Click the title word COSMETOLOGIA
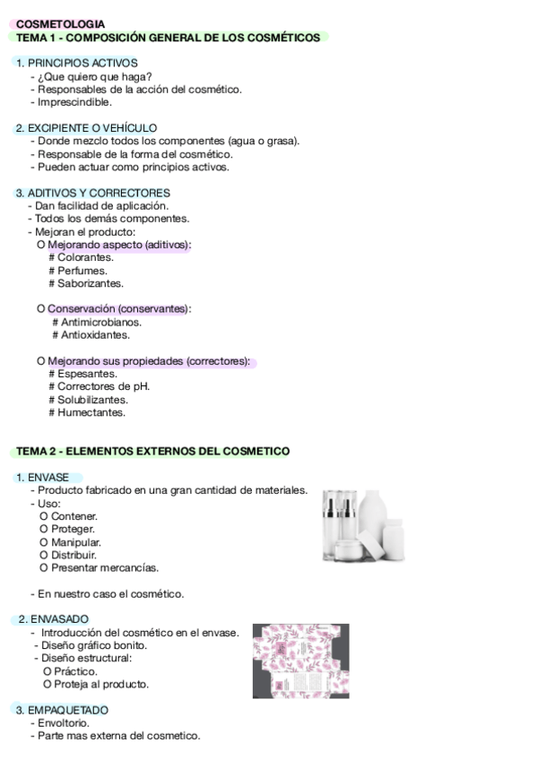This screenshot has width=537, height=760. pyautogui.click(x=60, y=24)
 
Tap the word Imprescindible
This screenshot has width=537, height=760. pyautogui.click(x=74, y=102)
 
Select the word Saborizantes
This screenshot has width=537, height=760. pyautogui.click(x=91, y=283)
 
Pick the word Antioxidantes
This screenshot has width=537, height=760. pyautogui.click(x=95, y=335)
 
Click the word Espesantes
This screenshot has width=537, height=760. pyautogui.click(x=87, y=374)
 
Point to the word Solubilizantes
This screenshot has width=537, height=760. pyautogui.click(x=92, y=400)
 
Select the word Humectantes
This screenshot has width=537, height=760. pyautogui.click(x=91, y=413)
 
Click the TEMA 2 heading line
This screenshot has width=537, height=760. pyautogui.click(x=152, y=451)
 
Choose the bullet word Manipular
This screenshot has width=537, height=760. pyautogui.click(x=76, y=542)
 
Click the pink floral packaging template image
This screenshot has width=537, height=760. pyautogui.click(x=300, y=661)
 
